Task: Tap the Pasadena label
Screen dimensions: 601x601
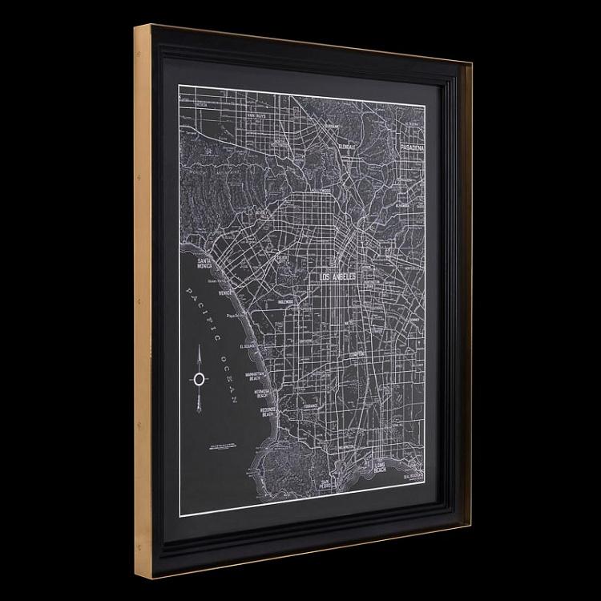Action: pos(412,149)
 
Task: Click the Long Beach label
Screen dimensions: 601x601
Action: pos(380,466)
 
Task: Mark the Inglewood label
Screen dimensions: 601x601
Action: pos(285,302)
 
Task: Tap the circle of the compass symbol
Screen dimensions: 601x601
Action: pos(198,379)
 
